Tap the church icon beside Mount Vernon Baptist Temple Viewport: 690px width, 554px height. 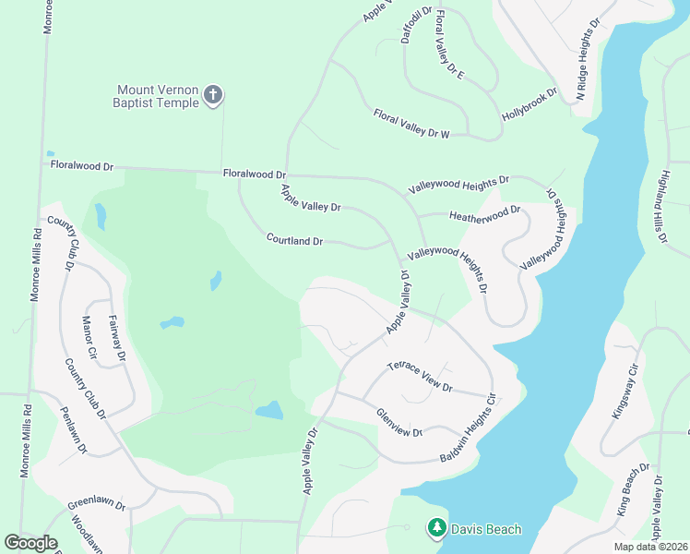point(213,95)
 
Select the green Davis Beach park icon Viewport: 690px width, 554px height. point(435,529)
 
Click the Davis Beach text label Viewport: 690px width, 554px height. point(485,529)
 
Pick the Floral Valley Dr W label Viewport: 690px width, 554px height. point(410,124)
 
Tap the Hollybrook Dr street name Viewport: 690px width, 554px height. point(530,106)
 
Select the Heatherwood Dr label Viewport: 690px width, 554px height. point(484,214)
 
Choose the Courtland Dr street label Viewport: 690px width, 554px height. point(294,240)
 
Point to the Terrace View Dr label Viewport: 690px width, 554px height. point(420,376)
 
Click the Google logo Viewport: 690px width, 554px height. point(30,542)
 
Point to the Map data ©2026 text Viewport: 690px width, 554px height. point(637,547)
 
